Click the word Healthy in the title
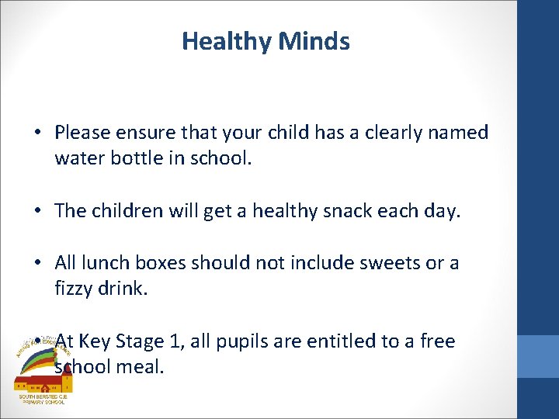pos(220,41)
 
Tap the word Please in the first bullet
pos(83,133)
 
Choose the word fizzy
pos(75,289)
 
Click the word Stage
pos(139,341)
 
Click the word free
pos(437,341)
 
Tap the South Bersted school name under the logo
pos(43,400)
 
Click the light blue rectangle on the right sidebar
pos(537,356)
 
